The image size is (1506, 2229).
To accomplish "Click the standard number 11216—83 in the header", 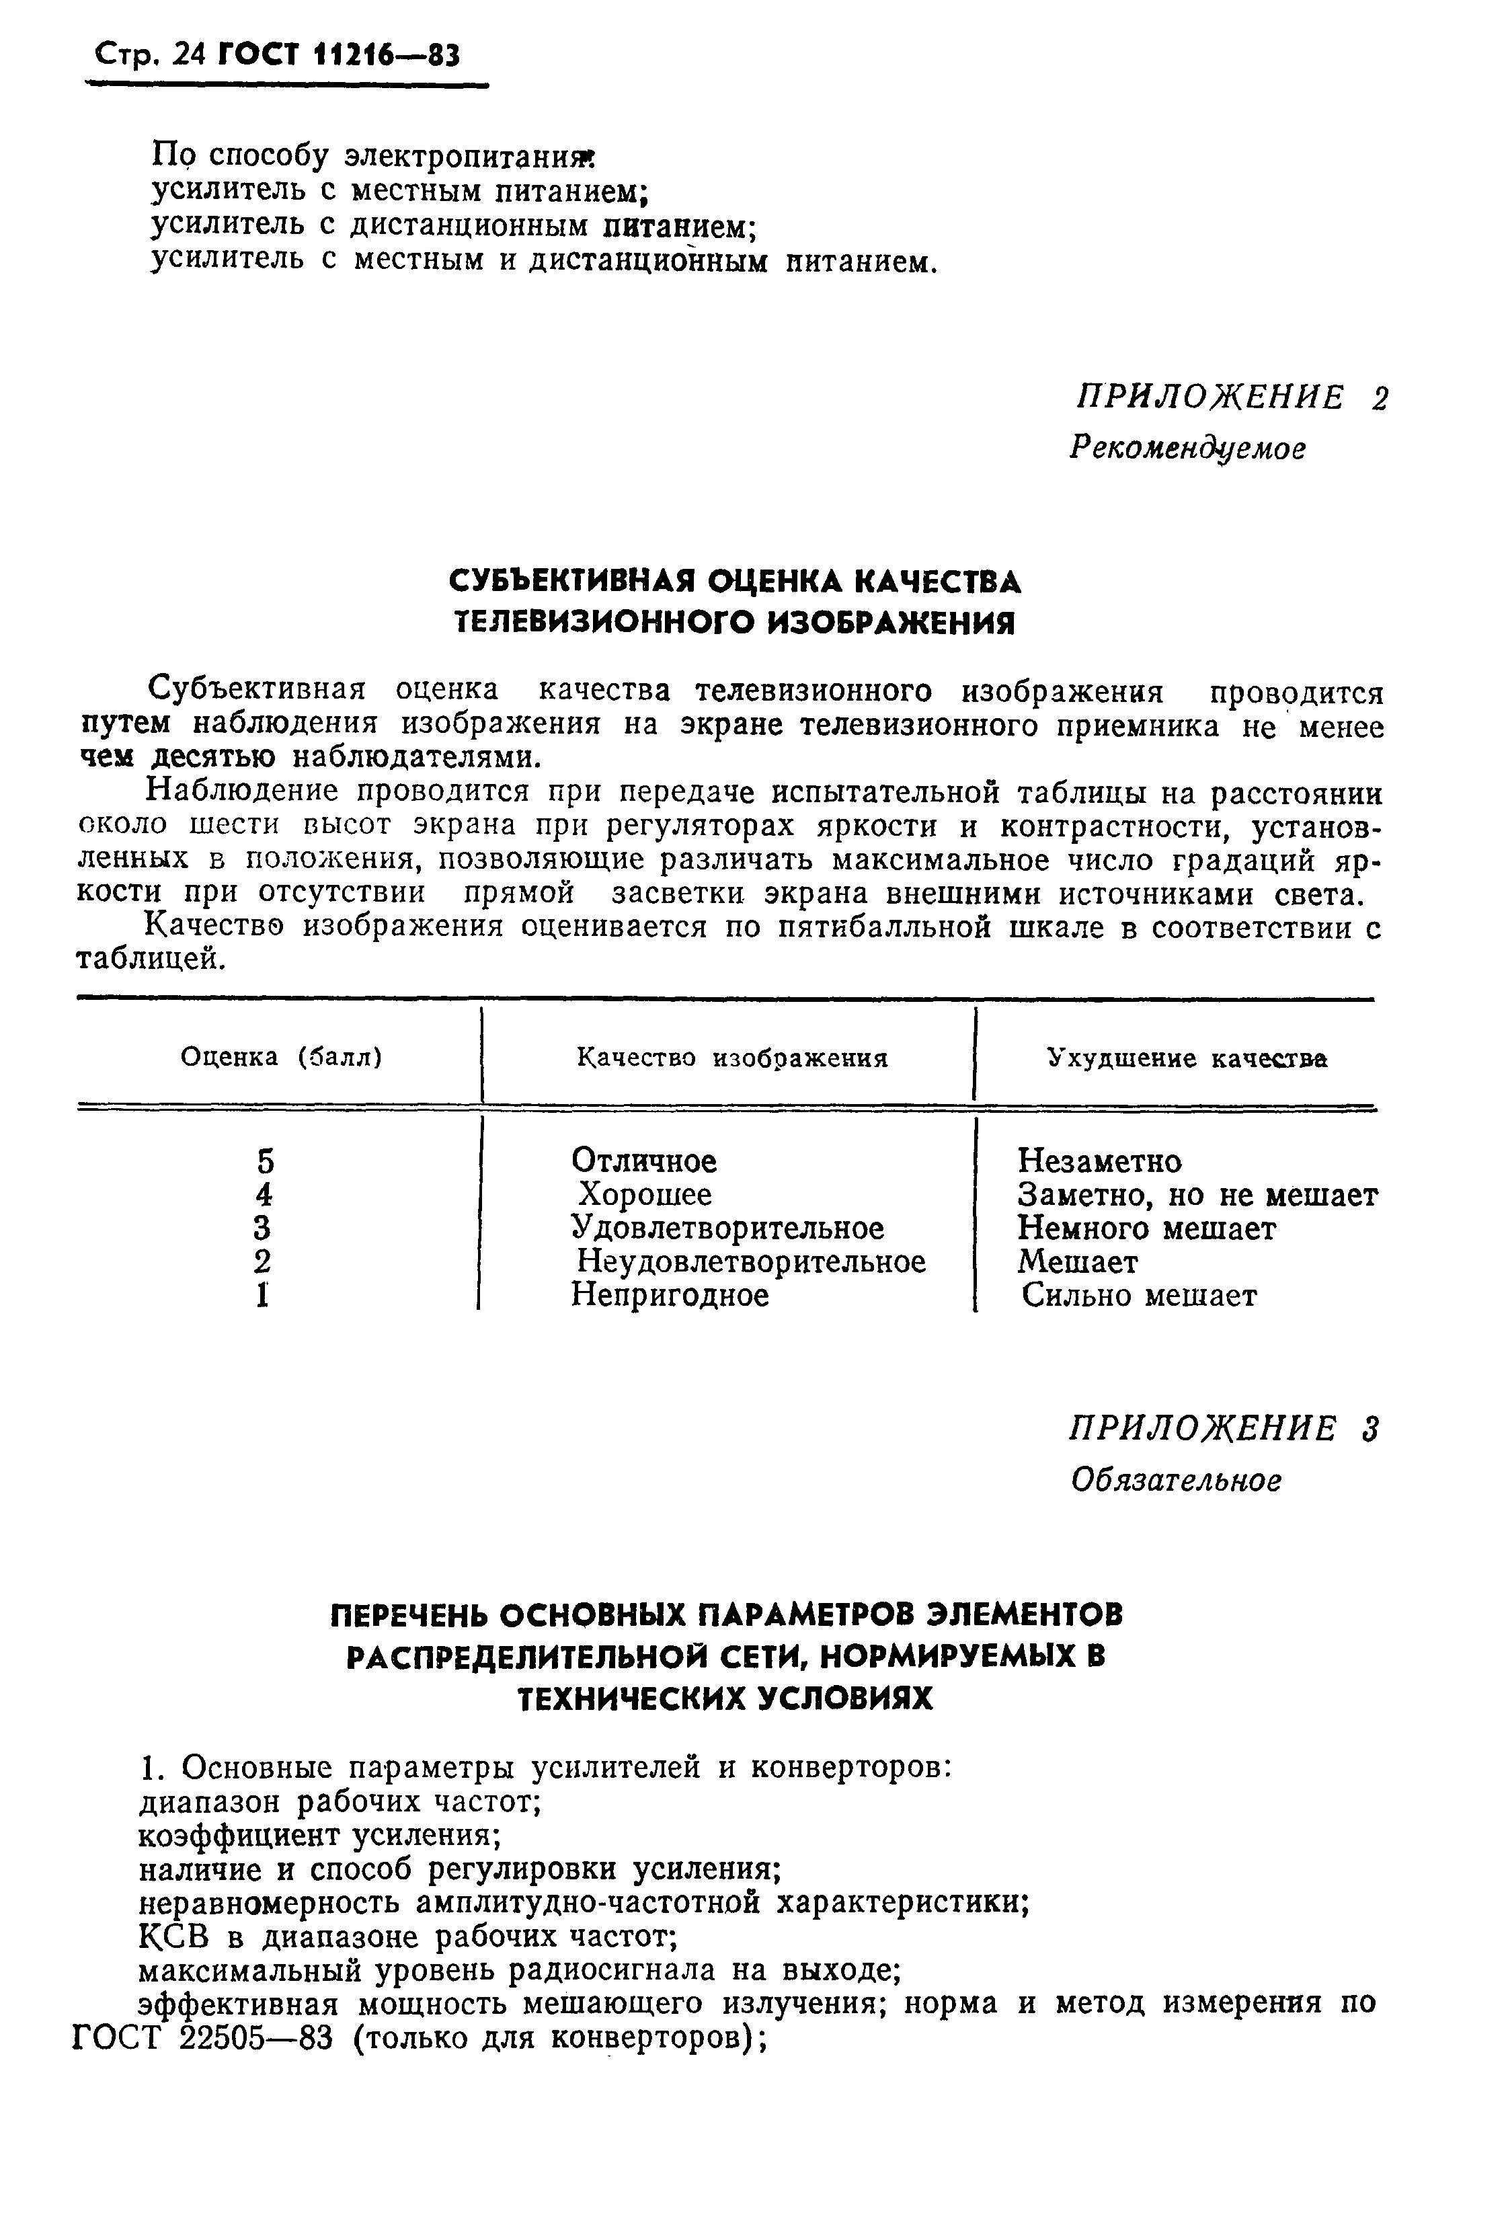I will [x=387, y=56].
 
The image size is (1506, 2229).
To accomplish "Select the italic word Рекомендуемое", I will [x=1187, y=448].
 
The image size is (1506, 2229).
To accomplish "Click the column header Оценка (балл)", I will [x=281, y=1057].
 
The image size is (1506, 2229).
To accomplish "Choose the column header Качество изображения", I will [x=732, y=1058].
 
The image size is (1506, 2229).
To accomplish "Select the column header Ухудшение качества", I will [x=1187, y=1058].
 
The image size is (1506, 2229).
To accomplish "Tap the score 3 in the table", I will [x=265, y=1228].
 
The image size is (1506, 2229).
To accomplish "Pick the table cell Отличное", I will [x=643, y=1161].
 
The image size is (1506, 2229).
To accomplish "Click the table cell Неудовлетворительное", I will [x=751, y=1262].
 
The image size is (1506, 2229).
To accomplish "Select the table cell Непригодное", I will [x=670, y=1296].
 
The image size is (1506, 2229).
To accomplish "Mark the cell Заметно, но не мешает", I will [x=1197, y=1195].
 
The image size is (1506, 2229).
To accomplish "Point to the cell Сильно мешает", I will [x=1139, y=1296].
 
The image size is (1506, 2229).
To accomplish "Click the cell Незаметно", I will [x=1099, y=1161].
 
